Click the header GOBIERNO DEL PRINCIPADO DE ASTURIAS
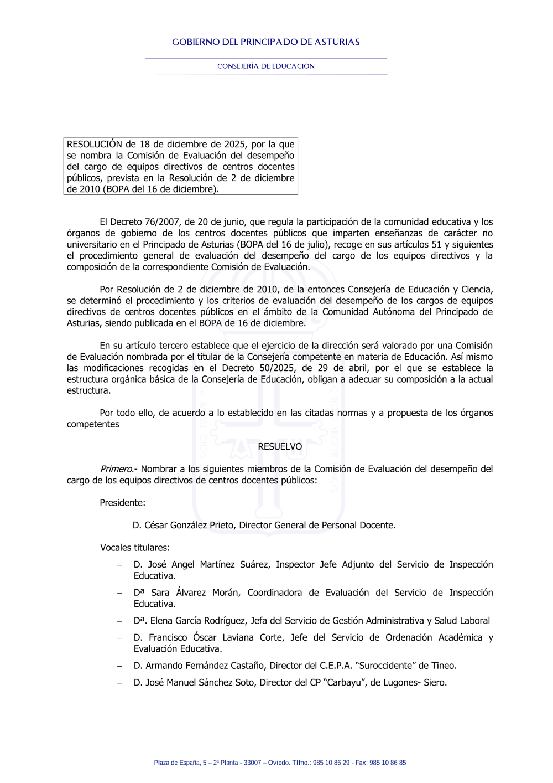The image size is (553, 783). [x=265, y=42]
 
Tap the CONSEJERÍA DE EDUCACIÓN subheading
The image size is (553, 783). [x=265, y=66]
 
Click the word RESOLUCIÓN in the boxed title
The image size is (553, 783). [x=94, y=145]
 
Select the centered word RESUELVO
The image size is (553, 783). [x=280, y=447]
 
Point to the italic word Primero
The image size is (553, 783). [x=116, y=470]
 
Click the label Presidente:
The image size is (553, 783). [x=122, y=503]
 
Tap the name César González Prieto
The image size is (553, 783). [x=189, y=526]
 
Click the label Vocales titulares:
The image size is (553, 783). [x=134, y=548]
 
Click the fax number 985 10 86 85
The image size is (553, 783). [x=387, y=763]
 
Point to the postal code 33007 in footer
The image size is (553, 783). [x=252, y=763]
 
